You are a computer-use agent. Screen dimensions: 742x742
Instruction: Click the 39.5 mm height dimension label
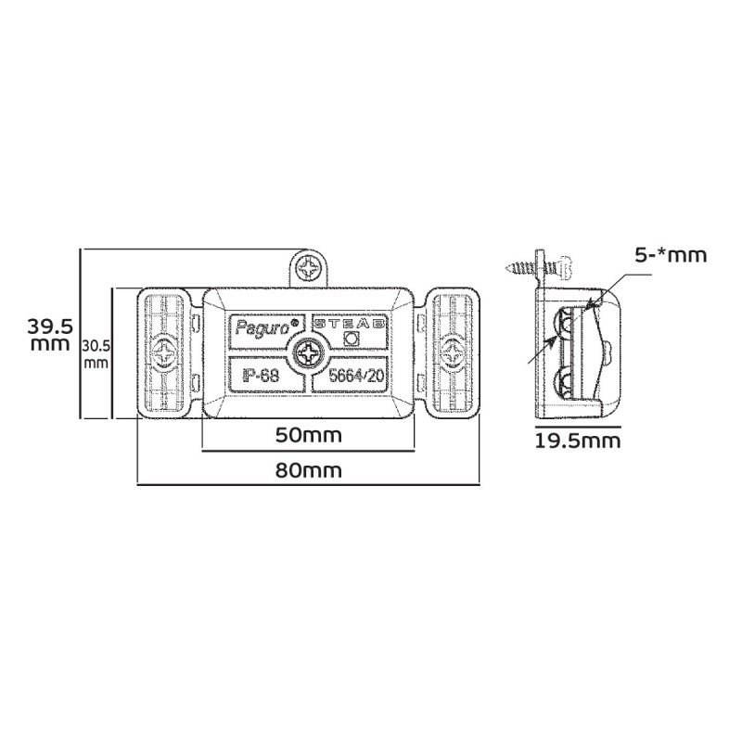point(49,335)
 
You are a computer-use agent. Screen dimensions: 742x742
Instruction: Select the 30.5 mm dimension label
point(96,354)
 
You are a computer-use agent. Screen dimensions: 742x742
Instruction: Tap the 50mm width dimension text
point(308,435)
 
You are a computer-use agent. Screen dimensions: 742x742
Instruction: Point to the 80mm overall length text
point(308,470)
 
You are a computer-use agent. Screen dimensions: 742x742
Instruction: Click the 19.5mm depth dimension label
point(577,441)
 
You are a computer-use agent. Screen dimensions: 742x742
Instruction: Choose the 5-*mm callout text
point(671,256)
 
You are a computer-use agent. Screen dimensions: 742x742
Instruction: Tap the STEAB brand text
point(349,323)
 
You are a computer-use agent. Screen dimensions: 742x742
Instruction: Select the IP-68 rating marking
point(261,376)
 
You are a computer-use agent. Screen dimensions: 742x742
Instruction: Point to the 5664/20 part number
point(356,376)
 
